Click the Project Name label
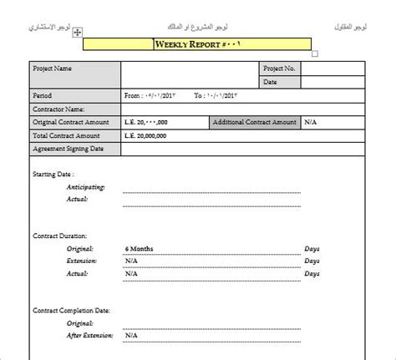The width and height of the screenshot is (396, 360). [x=53, y=68]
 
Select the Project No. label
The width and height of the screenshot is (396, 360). [x=279, y=68]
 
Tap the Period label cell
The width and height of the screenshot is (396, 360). [x=43, y=96]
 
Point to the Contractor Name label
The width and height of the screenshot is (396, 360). [x=58, y=109]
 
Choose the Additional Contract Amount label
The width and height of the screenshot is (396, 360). [x=254, y=123]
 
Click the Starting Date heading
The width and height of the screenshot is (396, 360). [x=52, y=175]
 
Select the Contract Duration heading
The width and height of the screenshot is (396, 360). [x=60, y=237]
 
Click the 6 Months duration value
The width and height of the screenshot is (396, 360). [x=139, y=249]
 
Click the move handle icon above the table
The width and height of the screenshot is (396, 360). [x=77, y=31]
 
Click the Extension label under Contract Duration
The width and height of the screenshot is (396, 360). [x=82, y=261]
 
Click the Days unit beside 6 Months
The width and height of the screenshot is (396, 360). [x=312, y=249]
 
